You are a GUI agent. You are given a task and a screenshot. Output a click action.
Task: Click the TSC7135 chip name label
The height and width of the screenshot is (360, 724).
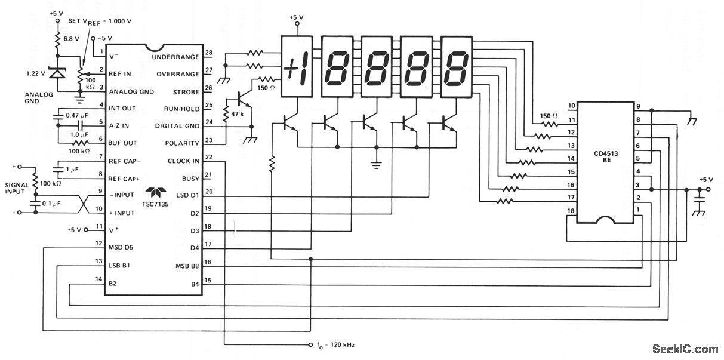coord(155,204)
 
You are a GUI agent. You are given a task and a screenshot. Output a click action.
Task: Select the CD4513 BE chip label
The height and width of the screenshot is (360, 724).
coord(606,157)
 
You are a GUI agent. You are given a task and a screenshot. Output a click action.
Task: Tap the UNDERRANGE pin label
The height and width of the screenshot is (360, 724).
coord(175,57)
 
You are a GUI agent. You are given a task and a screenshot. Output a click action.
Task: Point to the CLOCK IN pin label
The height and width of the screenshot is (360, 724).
coord(183,161)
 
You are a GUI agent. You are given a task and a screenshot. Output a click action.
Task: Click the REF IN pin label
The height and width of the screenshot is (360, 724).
coord(119,73)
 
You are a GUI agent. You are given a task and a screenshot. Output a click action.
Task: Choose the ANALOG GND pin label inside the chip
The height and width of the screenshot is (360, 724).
coord(131,91)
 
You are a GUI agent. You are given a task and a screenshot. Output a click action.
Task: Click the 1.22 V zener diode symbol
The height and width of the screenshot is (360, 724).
coord(57,73)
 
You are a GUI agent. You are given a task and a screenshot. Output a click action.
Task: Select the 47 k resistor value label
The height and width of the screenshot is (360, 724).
coord(237,114)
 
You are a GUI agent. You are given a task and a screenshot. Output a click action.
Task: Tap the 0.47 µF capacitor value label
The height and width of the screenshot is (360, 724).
coord(77,115)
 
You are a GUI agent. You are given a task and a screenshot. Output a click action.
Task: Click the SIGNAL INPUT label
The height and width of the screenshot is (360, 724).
coord(17,189)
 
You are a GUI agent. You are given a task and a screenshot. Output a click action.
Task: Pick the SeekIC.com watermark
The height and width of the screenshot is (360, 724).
coord(685,349)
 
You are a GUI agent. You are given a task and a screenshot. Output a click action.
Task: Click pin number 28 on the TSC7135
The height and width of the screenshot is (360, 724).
coord(209,53)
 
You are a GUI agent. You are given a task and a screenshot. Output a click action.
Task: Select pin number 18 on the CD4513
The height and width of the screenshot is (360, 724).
coord(571,211)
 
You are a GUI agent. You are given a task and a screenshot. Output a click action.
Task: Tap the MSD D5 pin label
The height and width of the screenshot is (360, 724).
coord(121,247)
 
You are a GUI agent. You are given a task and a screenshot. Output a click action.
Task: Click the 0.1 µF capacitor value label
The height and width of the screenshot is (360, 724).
coord(51,204)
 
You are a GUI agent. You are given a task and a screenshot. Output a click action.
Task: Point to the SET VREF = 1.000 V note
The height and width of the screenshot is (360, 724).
coord(100,21)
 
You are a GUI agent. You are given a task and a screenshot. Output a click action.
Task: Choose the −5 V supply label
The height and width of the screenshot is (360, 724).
coord(104,38)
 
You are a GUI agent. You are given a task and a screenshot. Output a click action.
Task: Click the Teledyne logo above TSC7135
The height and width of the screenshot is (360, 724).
coord(155,192)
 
